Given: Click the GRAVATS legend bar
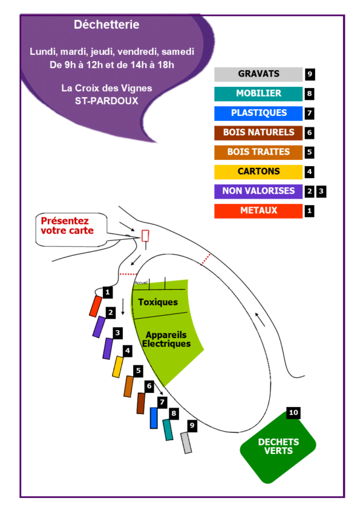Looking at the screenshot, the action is (258, 74).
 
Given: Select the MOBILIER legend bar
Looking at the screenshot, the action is (258, 94).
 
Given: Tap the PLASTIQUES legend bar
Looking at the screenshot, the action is (258, 114).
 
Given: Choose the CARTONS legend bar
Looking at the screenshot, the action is (258, 172).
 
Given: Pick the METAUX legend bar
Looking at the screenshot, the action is (258, 211).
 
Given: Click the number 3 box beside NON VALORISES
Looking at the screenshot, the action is (321, 191).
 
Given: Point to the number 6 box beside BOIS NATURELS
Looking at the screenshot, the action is (309, 133).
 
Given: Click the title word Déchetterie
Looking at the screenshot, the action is (106, 25).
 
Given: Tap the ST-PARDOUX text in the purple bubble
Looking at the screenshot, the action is (106, 101).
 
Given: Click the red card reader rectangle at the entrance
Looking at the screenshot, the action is (145, 236).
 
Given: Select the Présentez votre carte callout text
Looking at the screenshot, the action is (67, 226).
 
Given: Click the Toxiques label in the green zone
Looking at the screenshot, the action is (158, 302).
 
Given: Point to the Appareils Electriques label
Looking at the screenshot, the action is (166, 339).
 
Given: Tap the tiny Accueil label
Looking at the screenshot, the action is (141, 283).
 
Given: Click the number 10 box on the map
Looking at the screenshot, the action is (293, 413).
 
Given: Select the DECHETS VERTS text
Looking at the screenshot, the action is (278, 446).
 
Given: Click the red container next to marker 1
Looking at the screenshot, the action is (96, 307).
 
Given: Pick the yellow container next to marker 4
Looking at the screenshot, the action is (117, 367).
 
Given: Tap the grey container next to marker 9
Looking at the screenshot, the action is (186, 443).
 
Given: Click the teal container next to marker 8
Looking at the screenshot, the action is (168, 430).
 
